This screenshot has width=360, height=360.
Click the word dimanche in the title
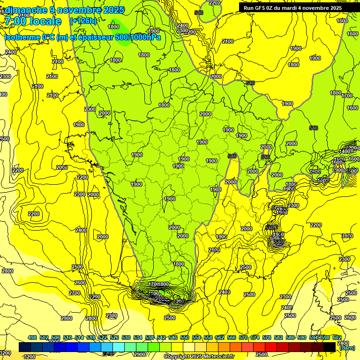26,10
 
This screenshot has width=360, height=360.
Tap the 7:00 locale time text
33,21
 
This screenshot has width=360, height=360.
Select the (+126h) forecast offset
83,21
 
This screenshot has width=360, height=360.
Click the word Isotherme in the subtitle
23,37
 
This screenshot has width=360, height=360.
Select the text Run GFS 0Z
260,7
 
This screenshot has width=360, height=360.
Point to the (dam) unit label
347,348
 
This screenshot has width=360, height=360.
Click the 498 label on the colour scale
32,337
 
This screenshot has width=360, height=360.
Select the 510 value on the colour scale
67,337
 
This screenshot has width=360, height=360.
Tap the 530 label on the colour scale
126,337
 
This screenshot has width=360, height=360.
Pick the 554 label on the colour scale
196,337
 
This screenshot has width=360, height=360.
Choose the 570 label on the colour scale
243,337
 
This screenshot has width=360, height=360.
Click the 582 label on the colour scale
278,337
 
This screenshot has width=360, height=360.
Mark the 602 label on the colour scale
337,337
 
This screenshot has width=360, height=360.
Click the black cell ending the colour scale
330,346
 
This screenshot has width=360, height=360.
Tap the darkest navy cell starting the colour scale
25,346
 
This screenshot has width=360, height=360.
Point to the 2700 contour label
75,293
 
